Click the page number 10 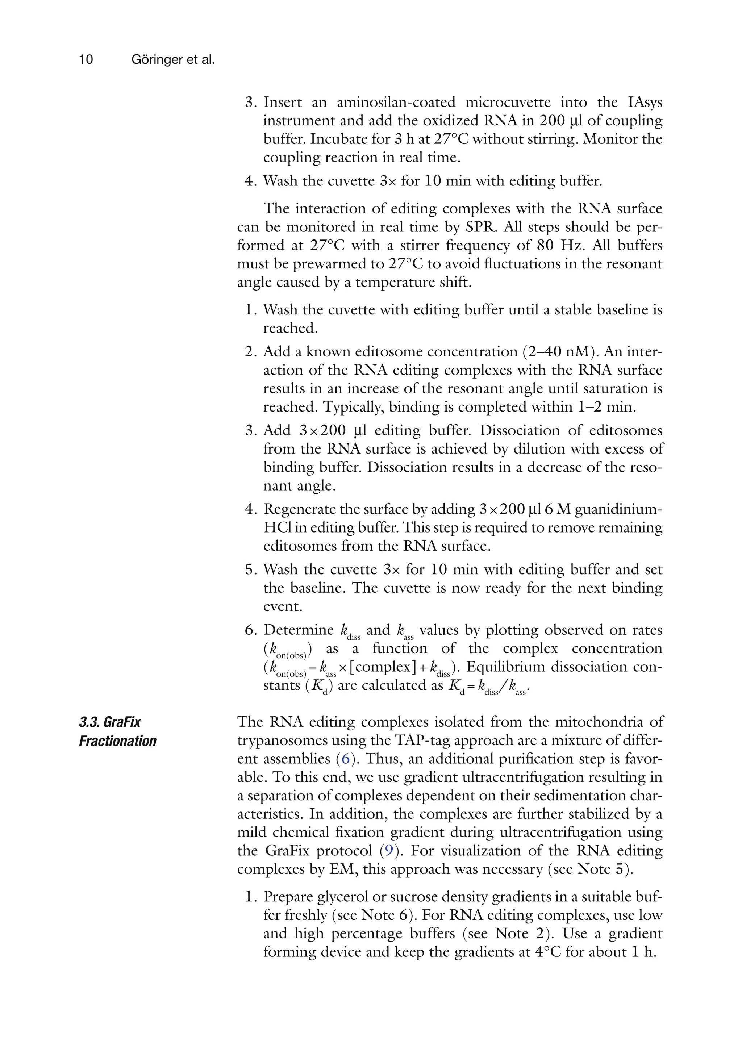[86, 59]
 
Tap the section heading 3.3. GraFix [110, 722]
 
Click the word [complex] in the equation [385, 667]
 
